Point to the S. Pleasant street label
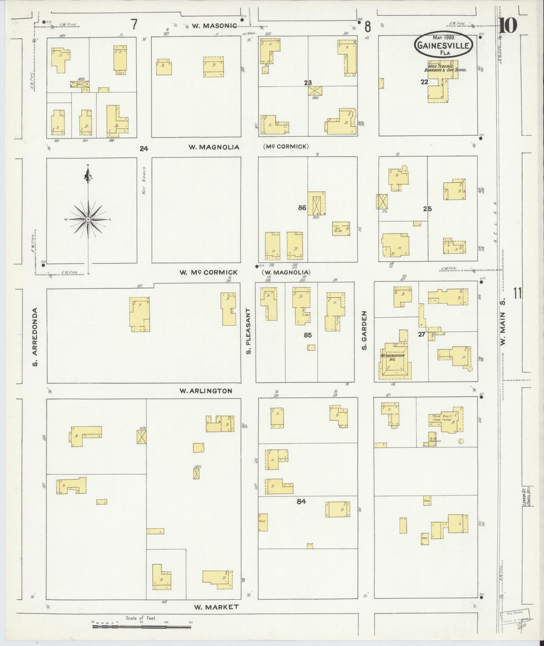point(249,331)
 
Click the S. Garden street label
point(365,330)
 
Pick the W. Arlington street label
point(206,391)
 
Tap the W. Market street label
point(216,607)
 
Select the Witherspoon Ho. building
point(392,358)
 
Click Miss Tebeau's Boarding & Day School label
point(445,68)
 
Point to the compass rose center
point(88,219)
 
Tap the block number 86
point(302,208)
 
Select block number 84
point(301,511)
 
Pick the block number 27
point(422,334)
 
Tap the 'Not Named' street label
point(144,180)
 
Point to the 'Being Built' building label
point(440,418)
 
